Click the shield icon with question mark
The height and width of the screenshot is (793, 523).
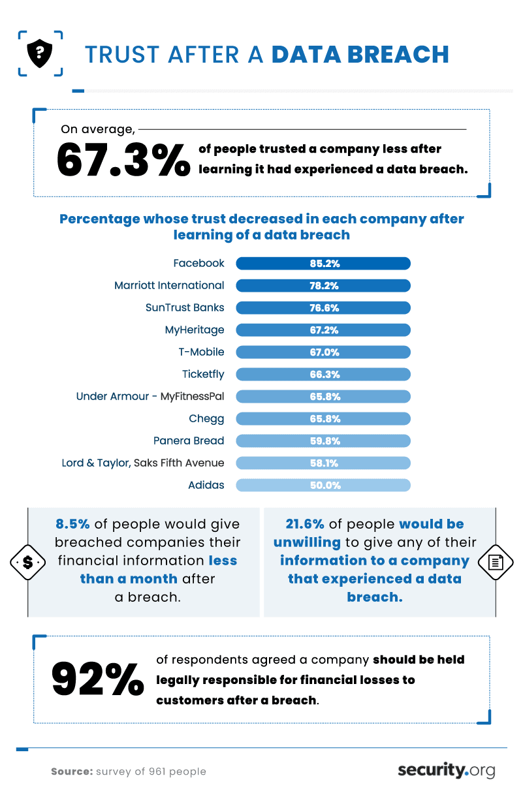click(x=40, y=52)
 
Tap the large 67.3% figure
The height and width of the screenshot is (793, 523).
click(x=123, y=160)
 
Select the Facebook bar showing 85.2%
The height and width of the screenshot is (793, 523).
click(x=323, y=264)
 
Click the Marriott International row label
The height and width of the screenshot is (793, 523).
click(x=169, y=285)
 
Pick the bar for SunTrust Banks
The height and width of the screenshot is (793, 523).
click(x=323, y=307)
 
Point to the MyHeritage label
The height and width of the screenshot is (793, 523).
click(x=195, y=330)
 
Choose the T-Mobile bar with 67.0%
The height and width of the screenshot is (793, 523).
click(x=323, y=352)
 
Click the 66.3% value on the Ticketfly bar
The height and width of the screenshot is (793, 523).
click(x=325, y=375)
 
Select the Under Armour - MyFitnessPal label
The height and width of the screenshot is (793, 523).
click(x=150, y=396)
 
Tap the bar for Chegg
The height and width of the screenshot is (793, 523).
click(x=323, y=418)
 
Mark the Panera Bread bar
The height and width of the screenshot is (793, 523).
click(x=323, y=441)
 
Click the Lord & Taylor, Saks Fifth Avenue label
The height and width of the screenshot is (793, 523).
click(x=143, y=463)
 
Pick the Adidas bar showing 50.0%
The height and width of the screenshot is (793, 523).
click(x=323, y=485)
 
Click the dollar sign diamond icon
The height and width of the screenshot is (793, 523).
click(x=27, y=561)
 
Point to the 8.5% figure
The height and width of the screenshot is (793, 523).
click(x=72, y=524)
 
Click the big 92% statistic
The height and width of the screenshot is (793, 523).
click(x=97, y=679)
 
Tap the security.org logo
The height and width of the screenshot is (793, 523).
click(x=446, y=770)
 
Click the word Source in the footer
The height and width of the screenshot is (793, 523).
click(x=71, y=771)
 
